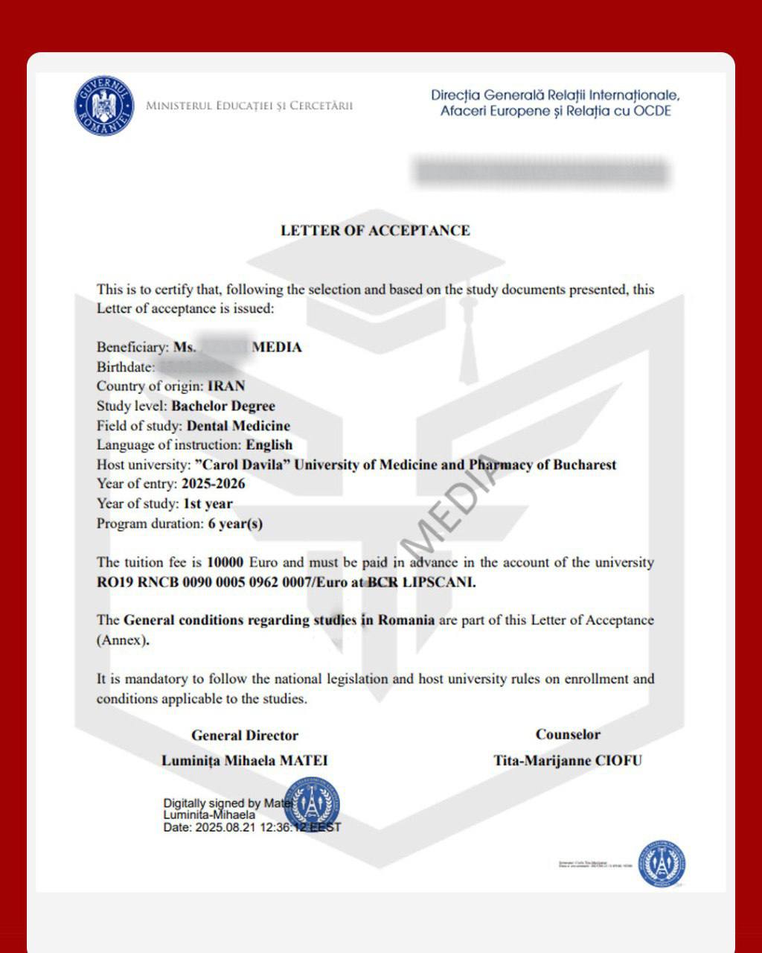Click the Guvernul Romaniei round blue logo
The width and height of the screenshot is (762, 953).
[104, 106]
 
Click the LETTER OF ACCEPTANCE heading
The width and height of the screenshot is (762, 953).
[375, 231]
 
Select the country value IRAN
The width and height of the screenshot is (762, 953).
[225, 386]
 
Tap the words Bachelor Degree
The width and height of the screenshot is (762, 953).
[223, 406]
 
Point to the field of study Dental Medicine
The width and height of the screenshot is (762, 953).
[238, 426]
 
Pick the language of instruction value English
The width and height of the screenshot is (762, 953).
[269, 445]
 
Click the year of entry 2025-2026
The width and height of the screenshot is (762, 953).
[213, 484]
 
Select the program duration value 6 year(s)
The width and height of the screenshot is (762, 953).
[235, 523]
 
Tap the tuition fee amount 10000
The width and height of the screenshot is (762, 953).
[225, 563]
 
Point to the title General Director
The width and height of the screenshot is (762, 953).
[245, 736]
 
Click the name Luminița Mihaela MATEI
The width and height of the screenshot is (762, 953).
[245, 761]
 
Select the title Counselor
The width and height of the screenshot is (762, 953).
[568, 735]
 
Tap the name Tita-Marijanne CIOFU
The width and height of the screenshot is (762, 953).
[568, 761]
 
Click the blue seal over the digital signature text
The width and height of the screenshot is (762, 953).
[312, 804]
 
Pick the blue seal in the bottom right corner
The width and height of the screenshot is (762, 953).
[662, 864]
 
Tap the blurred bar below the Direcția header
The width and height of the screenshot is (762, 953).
[541, 172]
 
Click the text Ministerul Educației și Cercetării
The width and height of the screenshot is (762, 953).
[249, 106]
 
